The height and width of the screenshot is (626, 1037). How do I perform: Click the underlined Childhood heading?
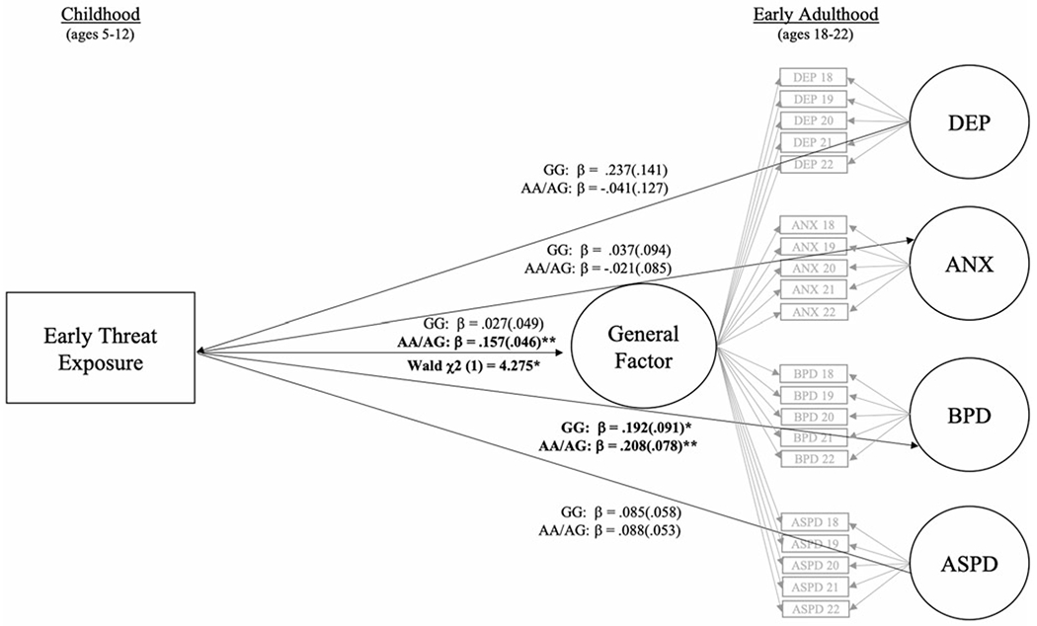[x=98, y=14]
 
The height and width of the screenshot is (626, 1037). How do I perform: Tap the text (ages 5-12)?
[x=98, y=32]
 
